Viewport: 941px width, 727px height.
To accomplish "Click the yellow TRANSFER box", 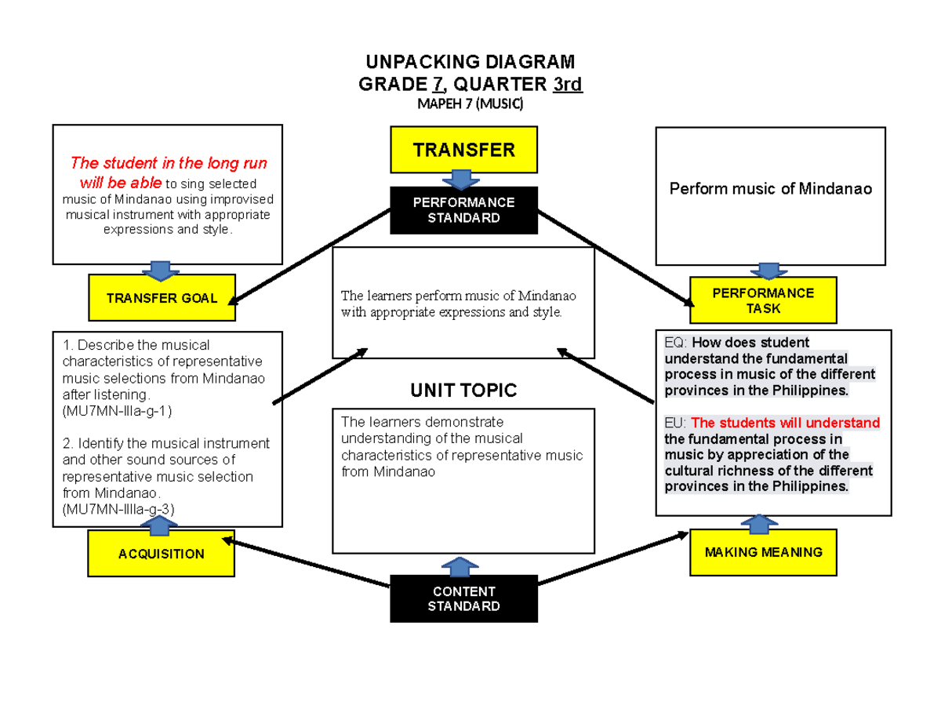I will click(464, 150).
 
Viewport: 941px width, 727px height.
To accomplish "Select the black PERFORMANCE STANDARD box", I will click(464, 210).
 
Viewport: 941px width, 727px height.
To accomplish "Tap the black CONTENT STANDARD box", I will click(464, 599).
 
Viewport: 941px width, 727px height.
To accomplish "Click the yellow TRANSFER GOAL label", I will click(162, 298).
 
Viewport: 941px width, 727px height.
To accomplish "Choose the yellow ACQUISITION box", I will click(161, 554).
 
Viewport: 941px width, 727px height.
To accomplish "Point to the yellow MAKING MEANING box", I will click(763, 552).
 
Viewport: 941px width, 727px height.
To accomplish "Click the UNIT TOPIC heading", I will click(464, 390).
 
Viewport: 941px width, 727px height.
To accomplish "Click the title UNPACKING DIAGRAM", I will click(470, 62).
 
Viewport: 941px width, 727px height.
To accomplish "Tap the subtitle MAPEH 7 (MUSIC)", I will click(470, 104).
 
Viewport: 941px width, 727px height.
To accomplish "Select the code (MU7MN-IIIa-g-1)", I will click(117, 410).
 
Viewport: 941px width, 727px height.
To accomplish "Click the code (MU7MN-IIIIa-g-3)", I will click(118, 509).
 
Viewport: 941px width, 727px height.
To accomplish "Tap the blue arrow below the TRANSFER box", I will click(464, 180).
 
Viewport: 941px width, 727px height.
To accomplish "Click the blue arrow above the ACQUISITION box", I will click(161, 523).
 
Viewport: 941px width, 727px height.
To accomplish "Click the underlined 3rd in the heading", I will click(568, 84).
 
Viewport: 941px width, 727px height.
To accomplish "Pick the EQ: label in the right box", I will click(675, 342).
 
